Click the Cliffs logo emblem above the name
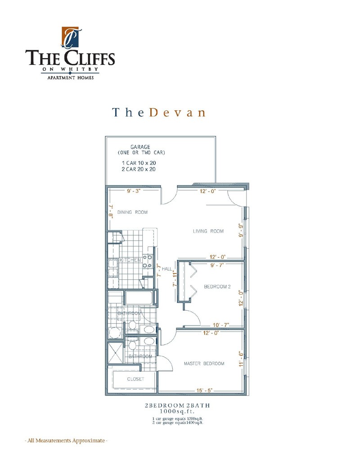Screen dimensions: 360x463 coord(70,37)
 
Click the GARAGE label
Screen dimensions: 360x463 coord(140,147)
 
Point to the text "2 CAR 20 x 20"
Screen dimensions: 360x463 coord(139,169)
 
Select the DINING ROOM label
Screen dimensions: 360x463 coord(132,212)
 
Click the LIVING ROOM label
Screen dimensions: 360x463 coord(208,231)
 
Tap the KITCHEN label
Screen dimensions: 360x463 coord(130,260)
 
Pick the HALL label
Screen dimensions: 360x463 coord(166,269)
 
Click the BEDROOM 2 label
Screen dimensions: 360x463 coord(217,286)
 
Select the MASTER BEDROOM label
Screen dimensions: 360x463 coord(204,363)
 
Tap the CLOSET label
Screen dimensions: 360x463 coord(135,379)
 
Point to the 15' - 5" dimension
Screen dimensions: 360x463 coord(204,390)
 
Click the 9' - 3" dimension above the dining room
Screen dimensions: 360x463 coord(134,191)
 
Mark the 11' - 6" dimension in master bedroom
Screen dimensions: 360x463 coord(241,359)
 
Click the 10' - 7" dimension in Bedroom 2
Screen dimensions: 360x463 coord(221,325)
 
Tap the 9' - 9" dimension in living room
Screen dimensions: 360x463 coord(241,230)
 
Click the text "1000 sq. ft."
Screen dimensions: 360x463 coord(177,411)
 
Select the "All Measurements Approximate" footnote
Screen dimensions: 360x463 coord(66,440)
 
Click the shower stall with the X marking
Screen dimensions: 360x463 coord(115,353)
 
